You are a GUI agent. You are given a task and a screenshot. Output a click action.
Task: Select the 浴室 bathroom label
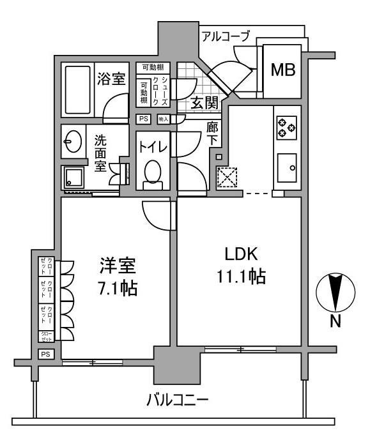tap(111, 79)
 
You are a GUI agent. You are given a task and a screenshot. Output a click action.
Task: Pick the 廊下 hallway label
tap(213, 133)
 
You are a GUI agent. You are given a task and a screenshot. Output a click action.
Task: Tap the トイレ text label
tap(153, 147)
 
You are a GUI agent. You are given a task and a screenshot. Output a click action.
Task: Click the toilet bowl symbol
tap(153, 173)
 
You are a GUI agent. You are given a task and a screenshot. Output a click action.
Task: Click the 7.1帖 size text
tap(118, 288)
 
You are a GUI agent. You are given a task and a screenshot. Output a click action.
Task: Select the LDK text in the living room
tap(240, 254)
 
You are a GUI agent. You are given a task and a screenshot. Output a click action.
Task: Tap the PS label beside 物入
tap(143, 119)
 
